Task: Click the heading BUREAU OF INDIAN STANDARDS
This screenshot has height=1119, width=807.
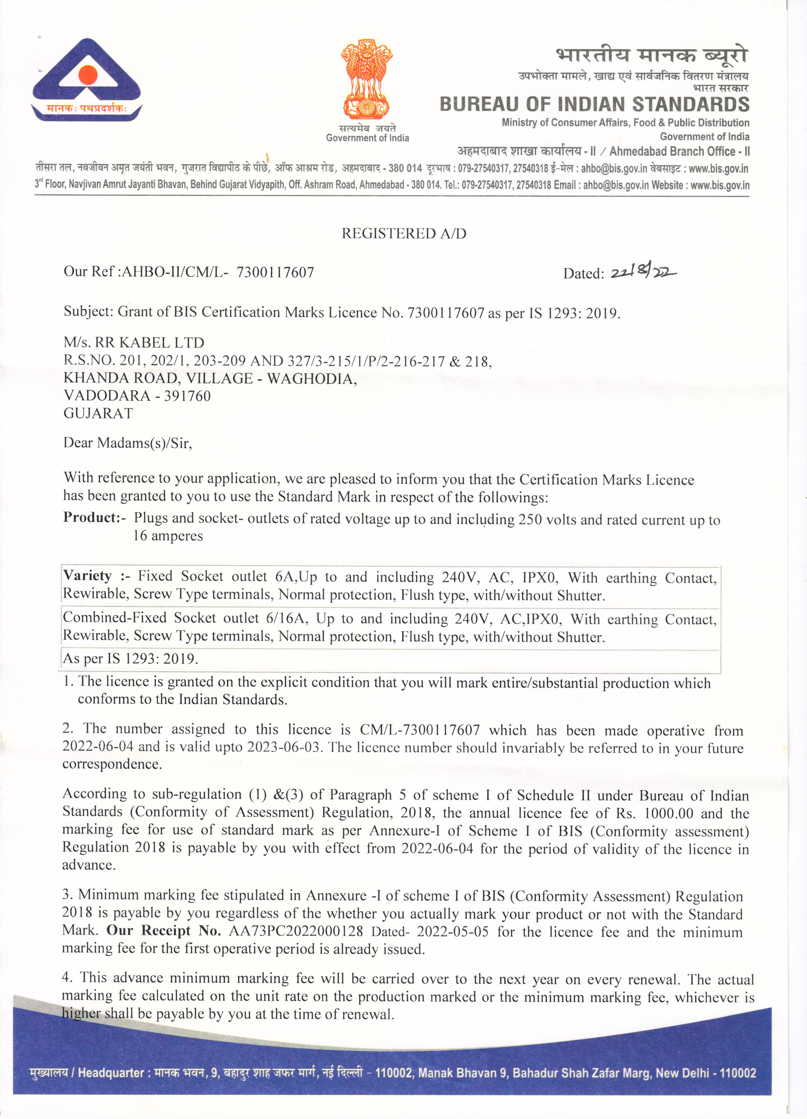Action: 594,105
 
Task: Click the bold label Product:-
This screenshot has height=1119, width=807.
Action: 94,517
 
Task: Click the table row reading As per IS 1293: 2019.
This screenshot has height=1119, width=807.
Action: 131,659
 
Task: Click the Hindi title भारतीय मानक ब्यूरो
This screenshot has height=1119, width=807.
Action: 652,55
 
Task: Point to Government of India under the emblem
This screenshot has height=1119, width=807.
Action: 367,138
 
